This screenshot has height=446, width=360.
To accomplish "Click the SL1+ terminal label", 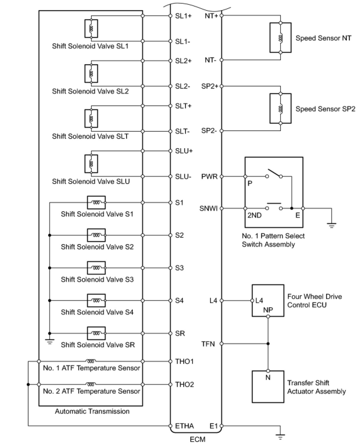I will coord(183,16).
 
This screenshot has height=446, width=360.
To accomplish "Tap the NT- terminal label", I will coord(210,60).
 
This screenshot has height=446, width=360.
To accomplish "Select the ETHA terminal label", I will coord(184,426).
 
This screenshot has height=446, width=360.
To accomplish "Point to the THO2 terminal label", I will coord(184,384).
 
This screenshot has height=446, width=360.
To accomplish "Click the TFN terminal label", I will coord(208,344).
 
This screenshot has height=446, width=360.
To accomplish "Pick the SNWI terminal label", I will coord(209,208).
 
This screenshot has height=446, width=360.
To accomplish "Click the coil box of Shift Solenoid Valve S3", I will coord(96,268).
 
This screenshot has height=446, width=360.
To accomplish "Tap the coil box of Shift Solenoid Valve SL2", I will coord(91,74).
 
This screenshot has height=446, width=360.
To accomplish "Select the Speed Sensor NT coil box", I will coord(280,38).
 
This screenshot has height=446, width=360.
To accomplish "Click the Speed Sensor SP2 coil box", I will coord(280,108).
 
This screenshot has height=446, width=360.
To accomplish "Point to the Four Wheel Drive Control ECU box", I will coord(268,300).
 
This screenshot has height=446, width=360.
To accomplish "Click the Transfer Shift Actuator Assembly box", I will coord(268,386).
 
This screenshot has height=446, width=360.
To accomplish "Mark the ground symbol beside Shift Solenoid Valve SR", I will coord(50,341).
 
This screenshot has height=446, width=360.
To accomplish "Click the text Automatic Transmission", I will coord(92,411).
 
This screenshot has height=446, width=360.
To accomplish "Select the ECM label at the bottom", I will coord(198,439).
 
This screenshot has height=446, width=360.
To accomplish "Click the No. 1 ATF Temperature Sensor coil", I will coord(91,361).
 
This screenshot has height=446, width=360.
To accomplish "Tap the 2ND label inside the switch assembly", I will coord(254,215).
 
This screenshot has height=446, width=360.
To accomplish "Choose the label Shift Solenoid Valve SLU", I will coord(91,182).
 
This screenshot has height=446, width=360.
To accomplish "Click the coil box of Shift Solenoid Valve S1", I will coord(96,202).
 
